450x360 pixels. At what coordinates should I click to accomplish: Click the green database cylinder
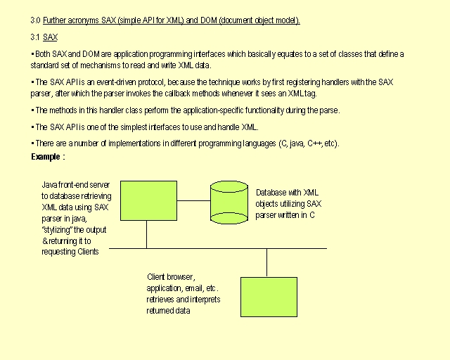coord(229,202)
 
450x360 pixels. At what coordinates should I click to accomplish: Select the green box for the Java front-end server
coord(148,200)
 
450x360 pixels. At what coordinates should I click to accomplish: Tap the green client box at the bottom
coord(269,297)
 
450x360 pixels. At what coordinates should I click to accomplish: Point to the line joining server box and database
coord(194,200)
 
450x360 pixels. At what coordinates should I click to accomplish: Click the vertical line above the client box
coord(267,263)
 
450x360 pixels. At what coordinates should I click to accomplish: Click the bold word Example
coord(46,157)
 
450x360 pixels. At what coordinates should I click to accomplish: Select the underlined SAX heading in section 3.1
coord(50,37)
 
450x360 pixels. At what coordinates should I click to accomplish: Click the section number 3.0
coord(35,20)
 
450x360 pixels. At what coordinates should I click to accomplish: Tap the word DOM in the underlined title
coord(209,20)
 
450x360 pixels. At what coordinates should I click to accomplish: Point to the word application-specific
coord(213,110)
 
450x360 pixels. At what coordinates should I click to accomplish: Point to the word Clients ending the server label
coord(88,252)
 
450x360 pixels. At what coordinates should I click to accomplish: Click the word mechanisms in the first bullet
coord(100,65)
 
